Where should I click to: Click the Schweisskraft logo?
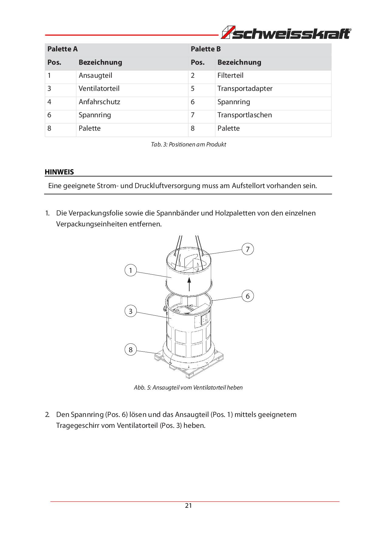(x=286, y=33)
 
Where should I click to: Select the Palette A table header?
(x=63, y=49)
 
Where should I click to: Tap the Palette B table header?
(x=206, y=49)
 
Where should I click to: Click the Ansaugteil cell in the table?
(x=95, y=76)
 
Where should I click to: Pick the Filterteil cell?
(x=230, y=76)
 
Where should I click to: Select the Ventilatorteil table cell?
(x=99, y=89)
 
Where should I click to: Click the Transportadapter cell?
(x=245, y=89)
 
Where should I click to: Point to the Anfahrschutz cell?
(x=99, y=102)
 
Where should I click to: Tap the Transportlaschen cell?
(x=245, y=115)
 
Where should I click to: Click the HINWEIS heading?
(x=59, y=172)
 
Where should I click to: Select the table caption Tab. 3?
(x=188, y=145)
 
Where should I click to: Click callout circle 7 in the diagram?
(x=248, y=249)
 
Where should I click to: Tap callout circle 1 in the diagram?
(x=131, y=270)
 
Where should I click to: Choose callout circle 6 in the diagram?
(x=248, y=296)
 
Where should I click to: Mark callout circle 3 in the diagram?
(x=131, y=311)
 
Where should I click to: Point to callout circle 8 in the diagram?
(x=131, y=350)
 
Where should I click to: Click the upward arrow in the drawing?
(x=189, y=284)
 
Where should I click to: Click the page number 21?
(x=188, y=506)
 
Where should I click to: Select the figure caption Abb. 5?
(x=188, y=388)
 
